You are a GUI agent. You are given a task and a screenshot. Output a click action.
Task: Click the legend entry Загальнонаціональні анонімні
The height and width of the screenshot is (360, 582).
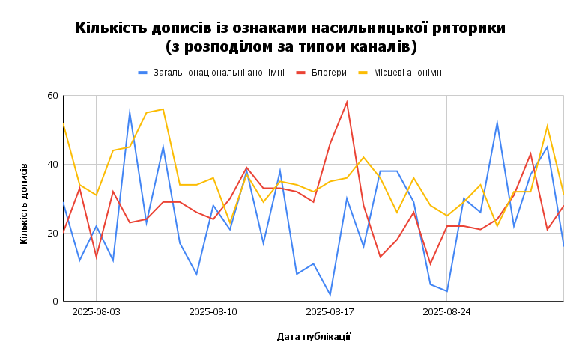[218, 73]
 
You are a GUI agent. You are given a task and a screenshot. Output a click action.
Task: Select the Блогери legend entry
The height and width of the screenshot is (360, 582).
[329, 73]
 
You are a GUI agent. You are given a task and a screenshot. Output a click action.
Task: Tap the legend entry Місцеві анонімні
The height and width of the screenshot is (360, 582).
[408, 73]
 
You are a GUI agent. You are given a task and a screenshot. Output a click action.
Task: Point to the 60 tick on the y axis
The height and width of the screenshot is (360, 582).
[52, 96]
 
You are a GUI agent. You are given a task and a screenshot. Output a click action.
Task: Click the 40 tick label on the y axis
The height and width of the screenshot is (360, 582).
[52, 165]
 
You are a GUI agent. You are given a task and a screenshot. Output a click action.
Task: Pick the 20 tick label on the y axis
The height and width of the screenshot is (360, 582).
[52, 233]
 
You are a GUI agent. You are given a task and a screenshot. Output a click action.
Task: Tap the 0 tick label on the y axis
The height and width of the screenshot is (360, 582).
[55, 302]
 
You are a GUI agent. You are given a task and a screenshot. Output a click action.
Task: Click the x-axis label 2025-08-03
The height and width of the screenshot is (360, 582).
[97, 312]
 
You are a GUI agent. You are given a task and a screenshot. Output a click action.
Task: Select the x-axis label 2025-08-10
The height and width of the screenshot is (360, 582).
[213, 312]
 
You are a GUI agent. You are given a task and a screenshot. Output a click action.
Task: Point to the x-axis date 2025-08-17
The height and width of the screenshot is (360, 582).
[330, 312]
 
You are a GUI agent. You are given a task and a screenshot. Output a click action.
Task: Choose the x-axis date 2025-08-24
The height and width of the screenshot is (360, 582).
[447, 312]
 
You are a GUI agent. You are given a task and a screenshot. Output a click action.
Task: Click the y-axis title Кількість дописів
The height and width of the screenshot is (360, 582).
[25, 203]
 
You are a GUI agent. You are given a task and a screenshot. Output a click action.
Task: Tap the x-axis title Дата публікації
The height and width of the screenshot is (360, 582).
[314, 337]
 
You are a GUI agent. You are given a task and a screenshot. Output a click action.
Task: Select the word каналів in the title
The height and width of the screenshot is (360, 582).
[381, 47]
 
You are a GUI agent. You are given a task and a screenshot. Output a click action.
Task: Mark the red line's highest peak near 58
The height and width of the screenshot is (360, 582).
[347, 103]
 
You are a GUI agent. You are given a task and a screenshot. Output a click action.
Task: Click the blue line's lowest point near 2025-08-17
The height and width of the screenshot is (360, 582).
[330, 295]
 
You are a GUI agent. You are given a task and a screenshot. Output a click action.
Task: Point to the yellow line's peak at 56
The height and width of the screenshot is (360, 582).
[163, 109]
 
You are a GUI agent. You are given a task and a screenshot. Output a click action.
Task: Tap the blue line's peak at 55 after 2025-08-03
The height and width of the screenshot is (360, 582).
[130, 112]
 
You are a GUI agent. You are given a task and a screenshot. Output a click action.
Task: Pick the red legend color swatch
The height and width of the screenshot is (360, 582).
[301, 73]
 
